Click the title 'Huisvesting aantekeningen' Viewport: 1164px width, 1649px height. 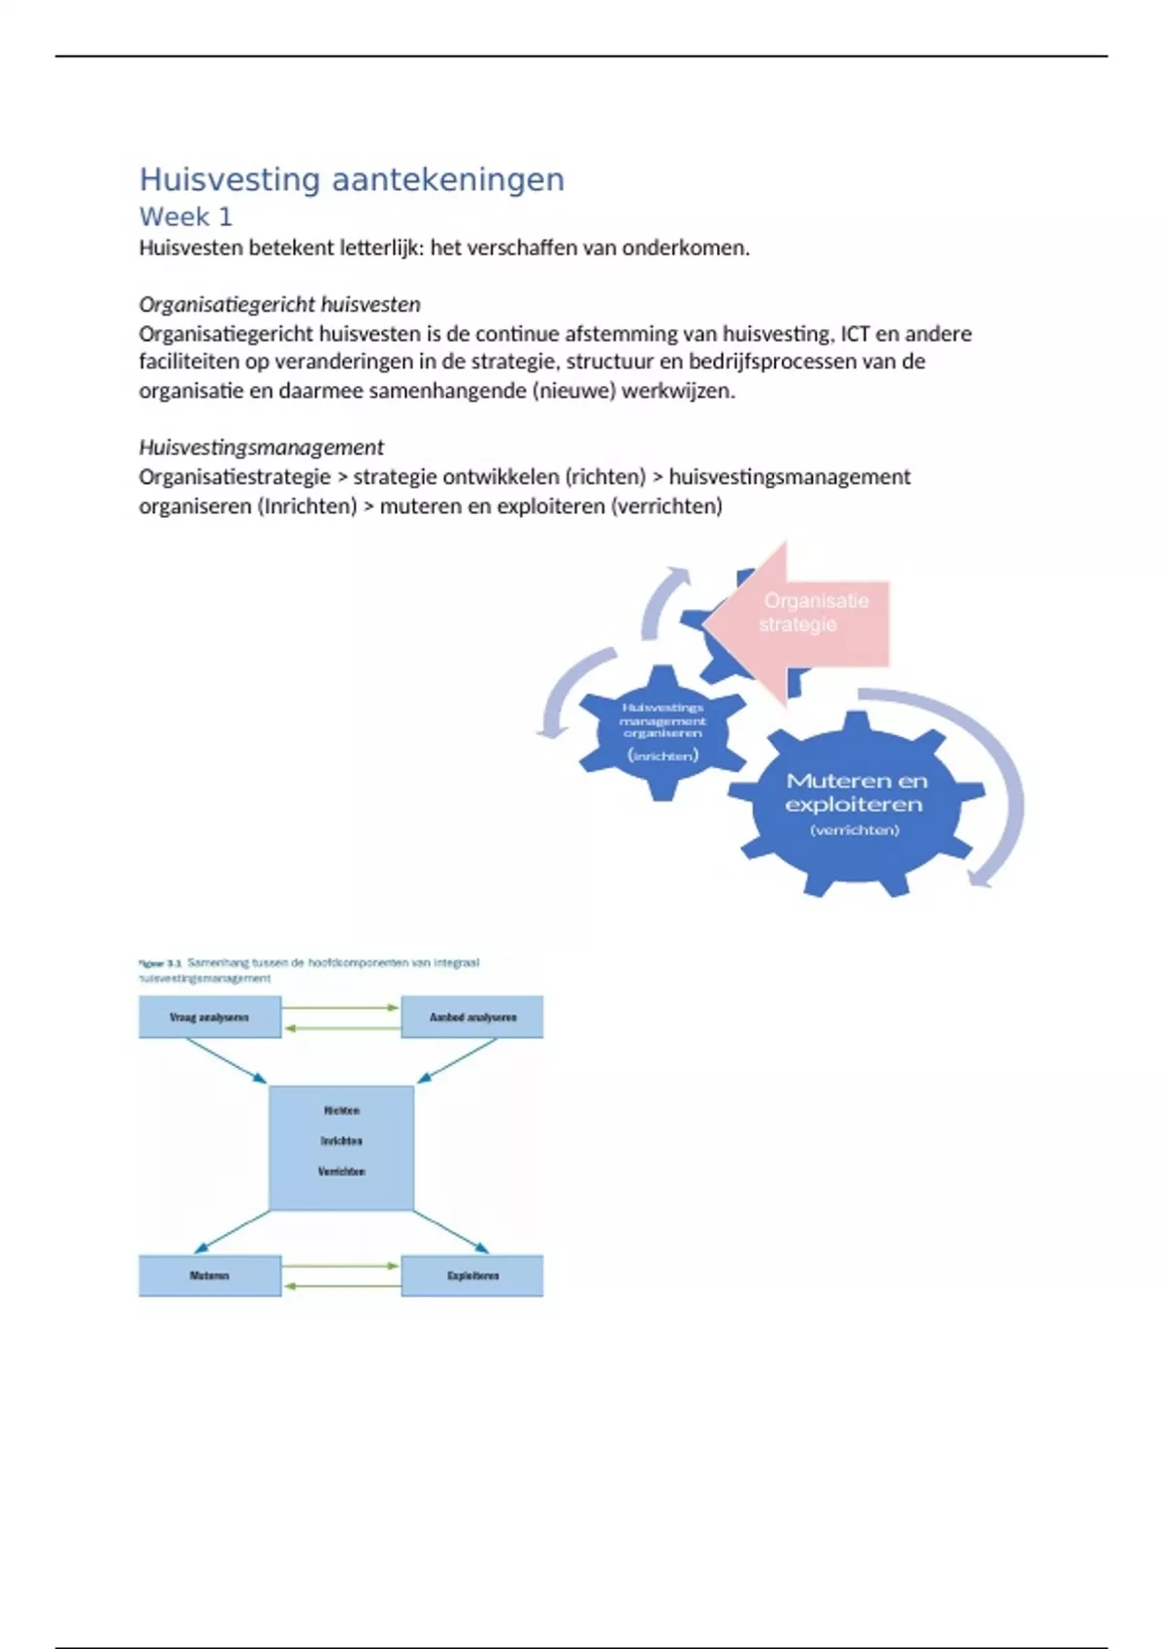pos(351,179)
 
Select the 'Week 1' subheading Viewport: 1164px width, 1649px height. pos(185,216)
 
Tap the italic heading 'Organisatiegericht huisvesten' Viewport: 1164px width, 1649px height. pos(279,305)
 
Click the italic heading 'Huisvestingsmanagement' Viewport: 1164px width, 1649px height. pos(261,447)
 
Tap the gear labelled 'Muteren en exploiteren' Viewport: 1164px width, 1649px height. pos(856,803)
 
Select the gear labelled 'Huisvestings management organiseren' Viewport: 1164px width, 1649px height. pos(663,732)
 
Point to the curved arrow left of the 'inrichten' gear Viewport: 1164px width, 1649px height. pos(567,690)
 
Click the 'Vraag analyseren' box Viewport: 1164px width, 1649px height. pos(210,1018)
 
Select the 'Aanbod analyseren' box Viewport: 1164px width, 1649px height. pos(472,1018)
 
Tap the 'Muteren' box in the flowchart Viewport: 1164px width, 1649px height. pos(210,1276)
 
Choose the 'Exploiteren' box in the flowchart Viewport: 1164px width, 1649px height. pos(472,1276)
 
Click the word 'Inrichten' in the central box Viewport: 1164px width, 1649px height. pos(341,1141)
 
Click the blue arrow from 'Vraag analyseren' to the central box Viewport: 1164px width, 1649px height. pos(225,1060)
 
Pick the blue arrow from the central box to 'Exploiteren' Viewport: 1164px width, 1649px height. pos(450,1232)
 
